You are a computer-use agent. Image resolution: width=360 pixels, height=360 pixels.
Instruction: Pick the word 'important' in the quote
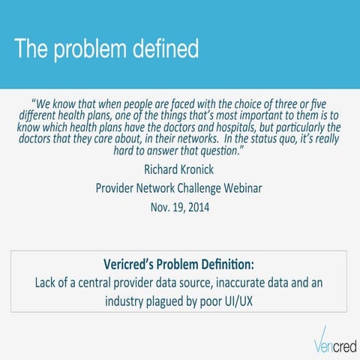[280, 115]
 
